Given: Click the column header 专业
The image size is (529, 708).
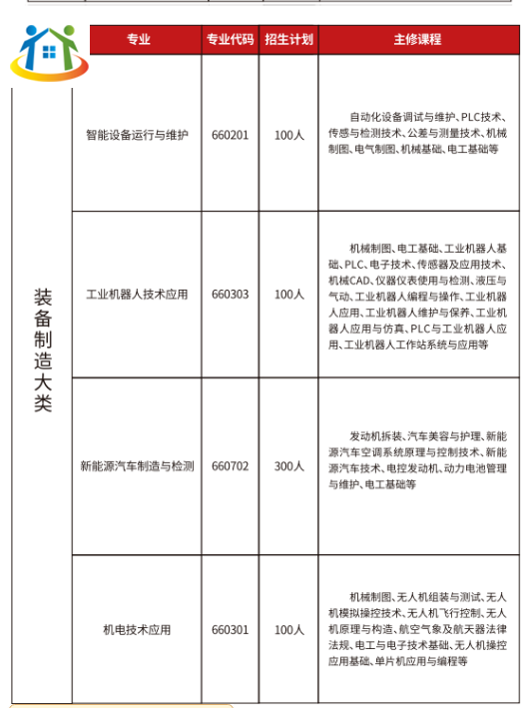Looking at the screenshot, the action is click(138, 40).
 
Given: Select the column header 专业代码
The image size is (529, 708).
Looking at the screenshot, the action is click(230, 40).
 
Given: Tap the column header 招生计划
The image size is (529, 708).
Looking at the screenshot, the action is click(288, 40).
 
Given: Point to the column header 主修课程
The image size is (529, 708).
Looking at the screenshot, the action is click(417, 40).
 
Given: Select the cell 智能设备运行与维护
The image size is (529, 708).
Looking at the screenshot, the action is click(137, 135).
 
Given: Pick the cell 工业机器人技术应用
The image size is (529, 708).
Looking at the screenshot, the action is click(137, 295).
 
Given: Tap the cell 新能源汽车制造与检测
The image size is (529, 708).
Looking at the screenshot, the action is click(137, 466).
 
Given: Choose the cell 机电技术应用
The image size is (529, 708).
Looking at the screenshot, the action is click(137, 630).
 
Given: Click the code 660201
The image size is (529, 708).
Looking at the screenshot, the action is click(230, 135).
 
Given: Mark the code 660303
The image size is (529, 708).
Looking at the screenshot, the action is click(230, 295).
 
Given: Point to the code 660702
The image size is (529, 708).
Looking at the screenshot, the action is click(230, 466).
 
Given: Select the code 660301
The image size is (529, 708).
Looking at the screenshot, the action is click(230, 630).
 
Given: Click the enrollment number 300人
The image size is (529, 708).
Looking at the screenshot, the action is click(288, 466).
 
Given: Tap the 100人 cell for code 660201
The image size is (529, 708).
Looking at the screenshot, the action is click(288, 135).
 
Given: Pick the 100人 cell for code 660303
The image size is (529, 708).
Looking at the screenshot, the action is click(288, 295).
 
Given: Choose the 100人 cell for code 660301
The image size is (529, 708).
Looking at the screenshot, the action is click(288, 630).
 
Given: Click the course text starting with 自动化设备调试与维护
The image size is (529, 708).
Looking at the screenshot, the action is click(418, 132).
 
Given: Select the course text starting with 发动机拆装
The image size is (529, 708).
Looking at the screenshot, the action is click(418, 460).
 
